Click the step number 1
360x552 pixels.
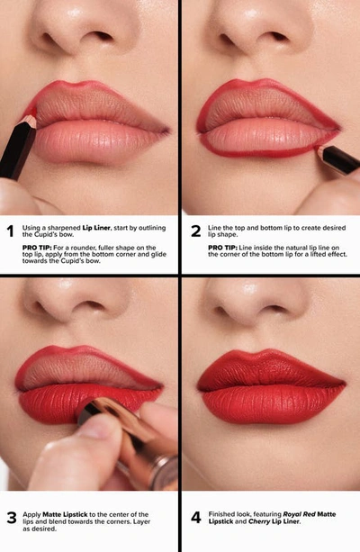click(x=11, y=230)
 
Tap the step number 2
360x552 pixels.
click(x=195, y=230)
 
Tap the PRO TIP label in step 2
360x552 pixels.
click(x=223, y=246)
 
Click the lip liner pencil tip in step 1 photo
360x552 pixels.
click(x=30, y=119)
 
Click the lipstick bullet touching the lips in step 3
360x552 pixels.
click(x=90, y=410)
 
